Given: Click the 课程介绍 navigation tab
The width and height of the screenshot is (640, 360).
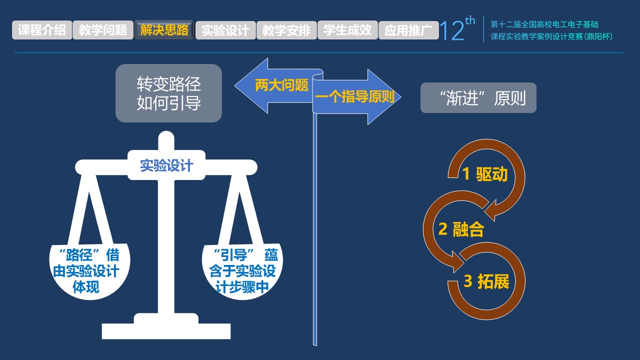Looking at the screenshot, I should [42, 30].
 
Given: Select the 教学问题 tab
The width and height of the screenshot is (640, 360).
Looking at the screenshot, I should [103, 30].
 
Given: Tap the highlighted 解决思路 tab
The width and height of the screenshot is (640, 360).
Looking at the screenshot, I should [164, 30].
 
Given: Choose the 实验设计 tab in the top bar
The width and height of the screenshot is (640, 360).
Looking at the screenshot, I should [225, 30].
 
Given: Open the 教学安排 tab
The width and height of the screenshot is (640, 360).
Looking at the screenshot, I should [286, 30].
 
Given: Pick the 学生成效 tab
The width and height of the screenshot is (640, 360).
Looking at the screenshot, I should [347, 30].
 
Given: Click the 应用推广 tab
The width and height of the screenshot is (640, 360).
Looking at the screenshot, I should [408, 30].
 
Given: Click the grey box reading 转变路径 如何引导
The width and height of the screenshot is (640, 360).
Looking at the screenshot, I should [168, 93].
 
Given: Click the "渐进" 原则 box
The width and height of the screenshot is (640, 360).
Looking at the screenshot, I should [478, 98].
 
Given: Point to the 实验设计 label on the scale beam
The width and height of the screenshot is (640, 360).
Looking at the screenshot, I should [166, 165].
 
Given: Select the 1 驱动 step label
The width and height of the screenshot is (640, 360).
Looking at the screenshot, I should [484, 174].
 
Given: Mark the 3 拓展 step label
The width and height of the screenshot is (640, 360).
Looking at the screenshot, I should [486, 281].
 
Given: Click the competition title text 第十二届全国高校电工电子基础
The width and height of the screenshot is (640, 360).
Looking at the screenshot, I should [544, 24].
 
